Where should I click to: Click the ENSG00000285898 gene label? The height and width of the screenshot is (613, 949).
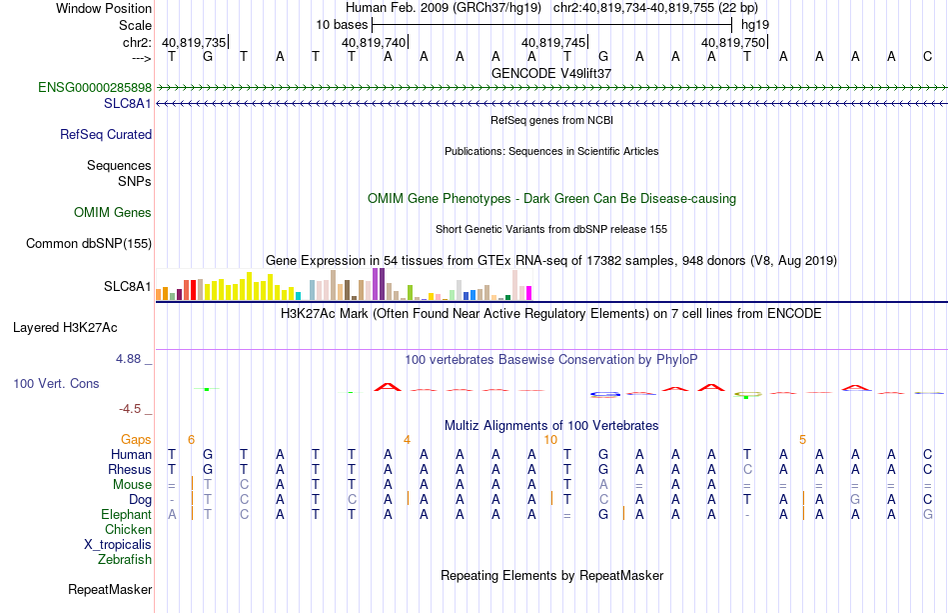coord(95,87)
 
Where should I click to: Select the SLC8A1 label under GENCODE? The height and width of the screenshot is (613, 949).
coord(128,104)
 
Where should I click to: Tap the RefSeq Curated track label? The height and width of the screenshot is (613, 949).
coord(106,134)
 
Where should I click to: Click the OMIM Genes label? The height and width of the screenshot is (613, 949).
coord(113,213)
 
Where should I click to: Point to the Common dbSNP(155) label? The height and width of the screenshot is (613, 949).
coord(89,244)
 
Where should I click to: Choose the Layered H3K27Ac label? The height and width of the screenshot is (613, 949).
coord(65,328)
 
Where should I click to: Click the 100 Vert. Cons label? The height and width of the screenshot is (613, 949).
coord(56,383)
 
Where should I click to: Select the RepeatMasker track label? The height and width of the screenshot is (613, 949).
coord(110,589)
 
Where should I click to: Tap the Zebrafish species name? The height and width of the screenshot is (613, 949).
coord(125,560)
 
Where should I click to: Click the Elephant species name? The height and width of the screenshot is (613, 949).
coord(127,514)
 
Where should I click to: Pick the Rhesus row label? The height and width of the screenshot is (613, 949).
coord(130,469)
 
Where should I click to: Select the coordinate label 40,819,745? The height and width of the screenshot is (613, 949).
coord(553,42)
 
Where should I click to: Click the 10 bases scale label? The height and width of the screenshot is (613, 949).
coord(342,25)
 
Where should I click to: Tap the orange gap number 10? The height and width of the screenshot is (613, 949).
coord(550,439)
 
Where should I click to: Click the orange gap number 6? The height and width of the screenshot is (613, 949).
coord(191,439)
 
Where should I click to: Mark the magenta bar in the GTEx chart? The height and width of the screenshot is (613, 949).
coord(529,293)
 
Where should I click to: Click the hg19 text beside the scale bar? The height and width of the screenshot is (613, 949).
coord(755,25)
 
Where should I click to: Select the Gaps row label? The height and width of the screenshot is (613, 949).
coord(136,439)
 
